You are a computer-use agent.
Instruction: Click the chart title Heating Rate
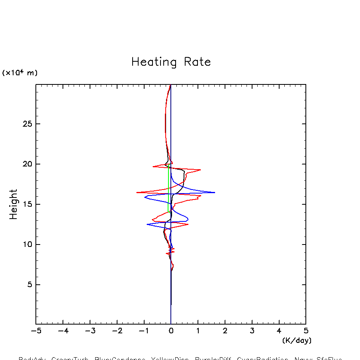pyautogui.click(x=171, y=62)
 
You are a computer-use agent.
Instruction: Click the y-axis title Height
pyautogui.click(x=14, y=204)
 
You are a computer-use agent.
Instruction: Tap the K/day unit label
pyautogui.click(x=297, y=340)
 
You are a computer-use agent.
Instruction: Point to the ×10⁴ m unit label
pyautogui.click(x=20, y=73)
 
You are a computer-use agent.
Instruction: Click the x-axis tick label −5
pyautogui.click(x=36, y=331)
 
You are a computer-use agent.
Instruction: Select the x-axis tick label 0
pyautogui.click(x=171, y=331)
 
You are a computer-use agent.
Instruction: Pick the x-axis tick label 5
pyautogui.click(x=306, y=331)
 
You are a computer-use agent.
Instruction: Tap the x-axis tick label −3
pyautogui.click(x=90, y=331)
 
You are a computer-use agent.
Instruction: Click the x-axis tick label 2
pyautogui.click(x=225, y=331)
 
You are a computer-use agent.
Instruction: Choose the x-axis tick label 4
pyautogui.click(x=279, y=331)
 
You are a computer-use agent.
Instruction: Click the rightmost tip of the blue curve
pyautogui.click(x=215, y=192)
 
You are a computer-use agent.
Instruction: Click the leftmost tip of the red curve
pyautogui.click(x=137, y=192)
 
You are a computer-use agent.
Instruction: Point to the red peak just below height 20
pyautogui.click(x=200, y=170)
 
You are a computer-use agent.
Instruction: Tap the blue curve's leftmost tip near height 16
pyautogui.click(x=145, y=197)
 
